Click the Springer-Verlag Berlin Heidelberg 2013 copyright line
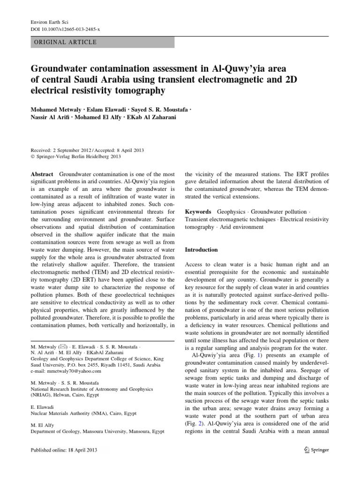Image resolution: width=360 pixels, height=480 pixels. click(x=76, y=157)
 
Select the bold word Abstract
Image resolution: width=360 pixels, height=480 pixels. click(x=41, y=173)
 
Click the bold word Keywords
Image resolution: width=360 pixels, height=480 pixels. click(x=198, y=212)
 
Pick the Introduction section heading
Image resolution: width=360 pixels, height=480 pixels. click(x=202, y=250)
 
